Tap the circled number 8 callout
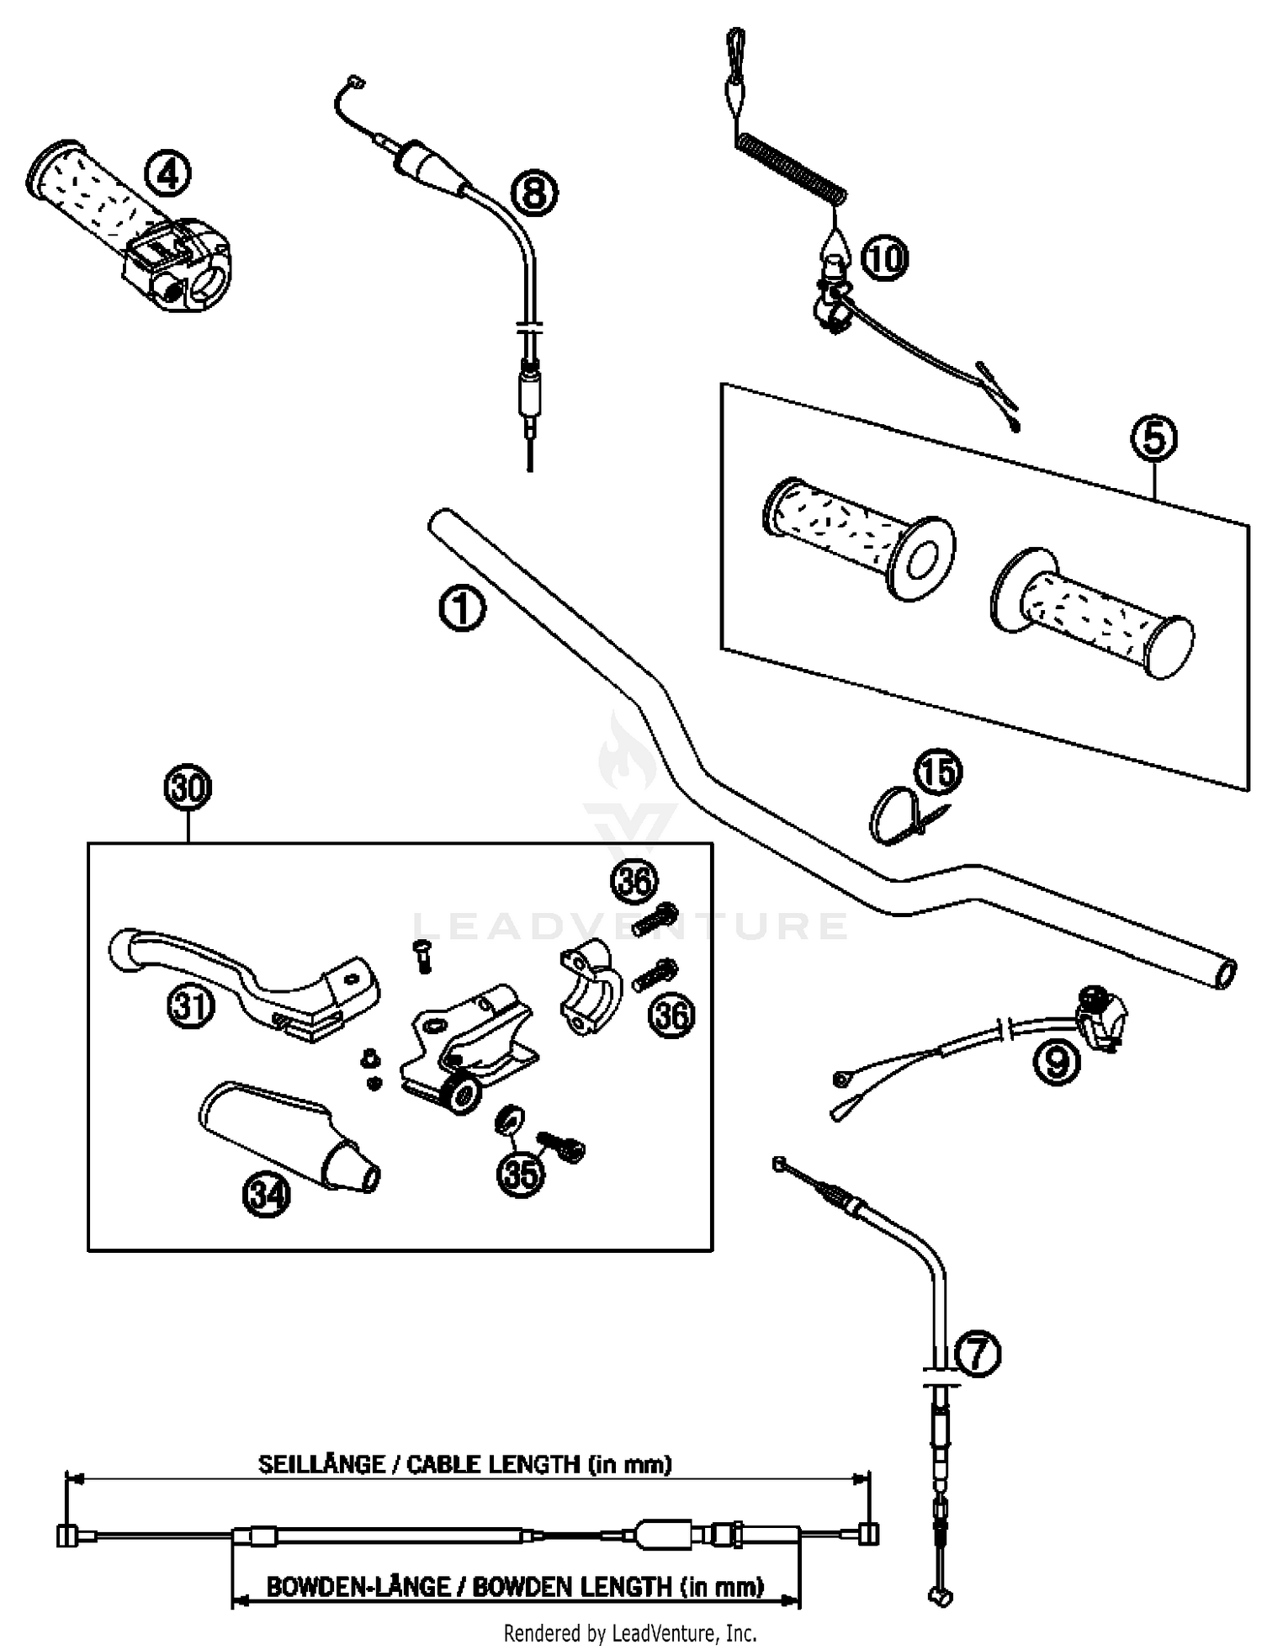point(534,193)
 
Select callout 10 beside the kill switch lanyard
point(884,257)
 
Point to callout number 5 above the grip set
point(1153,438)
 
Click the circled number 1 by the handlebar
point(462,609)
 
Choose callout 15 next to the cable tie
point(938,772)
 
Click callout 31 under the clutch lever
point(191,1005)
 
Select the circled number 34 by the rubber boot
point(267,1195)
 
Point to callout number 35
point(521,1174)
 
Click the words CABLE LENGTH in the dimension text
point(492,1464)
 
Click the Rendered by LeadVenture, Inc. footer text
point(630,1633)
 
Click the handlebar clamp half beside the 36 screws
point(589,986)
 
